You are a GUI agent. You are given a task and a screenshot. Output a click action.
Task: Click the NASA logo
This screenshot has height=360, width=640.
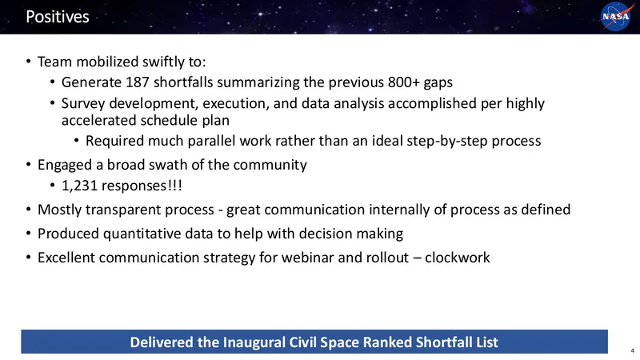[616, 16]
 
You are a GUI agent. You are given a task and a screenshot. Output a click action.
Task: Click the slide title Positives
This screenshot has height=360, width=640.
[58, 17]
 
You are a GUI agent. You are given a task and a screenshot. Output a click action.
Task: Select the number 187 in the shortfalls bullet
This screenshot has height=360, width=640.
[137, 82]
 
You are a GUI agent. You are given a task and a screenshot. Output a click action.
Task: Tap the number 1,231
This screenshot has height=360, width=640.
[79, 186]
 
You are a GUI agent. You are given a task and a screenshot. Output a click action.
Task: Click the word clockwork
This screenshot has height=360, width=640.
[457, 258]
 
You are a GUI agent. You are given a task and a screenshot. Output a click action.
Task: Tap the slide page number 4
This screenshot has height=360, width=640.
[632, 350]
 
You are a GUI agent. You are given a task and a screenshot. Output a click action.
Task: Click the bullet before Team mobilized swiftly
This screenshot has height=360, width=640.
[28, 62]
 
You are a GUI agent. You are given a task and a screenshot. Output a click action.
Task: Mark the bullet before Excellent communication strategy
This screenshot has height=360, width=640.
[28, 258]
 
